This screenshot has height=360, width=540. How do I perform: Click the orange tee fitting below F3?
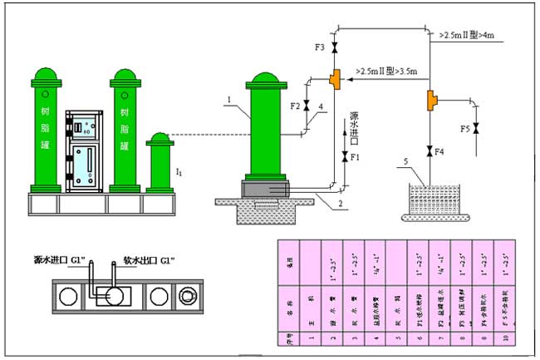pyautogui.click(x=334, y=78)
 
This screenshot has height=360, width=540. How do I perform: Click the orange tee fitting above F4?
pyautogui.click(x=430, y=101)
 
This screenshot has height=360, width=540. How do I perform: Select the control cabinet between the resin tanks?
pyautogui.click(x=85, y=150)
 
